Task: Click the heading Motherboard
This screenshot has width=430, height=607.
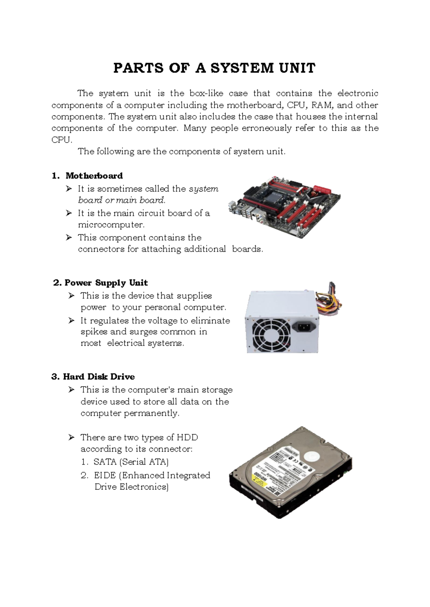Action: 94,176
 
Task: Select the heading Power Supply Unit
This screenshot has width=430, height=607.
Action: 106,283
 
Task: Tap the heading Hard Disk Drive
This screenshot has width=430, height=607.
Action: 99,377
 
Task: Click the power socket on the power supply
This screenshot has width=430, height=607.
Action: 305,326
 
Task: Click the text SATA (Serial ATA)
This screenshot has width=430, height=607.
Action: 131,462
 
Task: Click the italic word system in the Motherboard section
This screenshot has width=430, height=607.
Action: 204,189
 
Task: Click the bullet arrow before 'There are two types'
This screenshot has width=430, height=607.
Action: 71,437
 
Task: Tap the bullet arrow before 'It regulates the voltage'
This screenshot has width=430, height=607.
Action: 71,320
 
